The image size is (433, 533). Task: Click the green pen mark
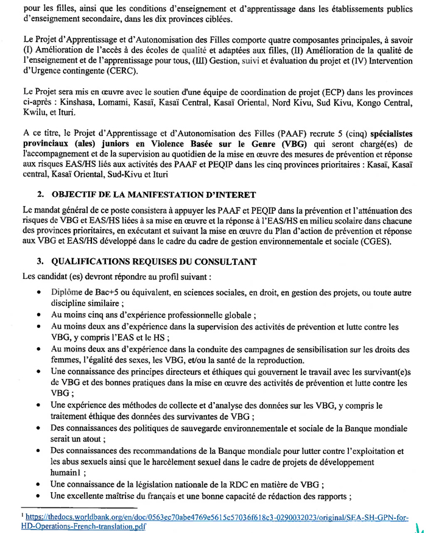pyautogui.click(x=422, y=526)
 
